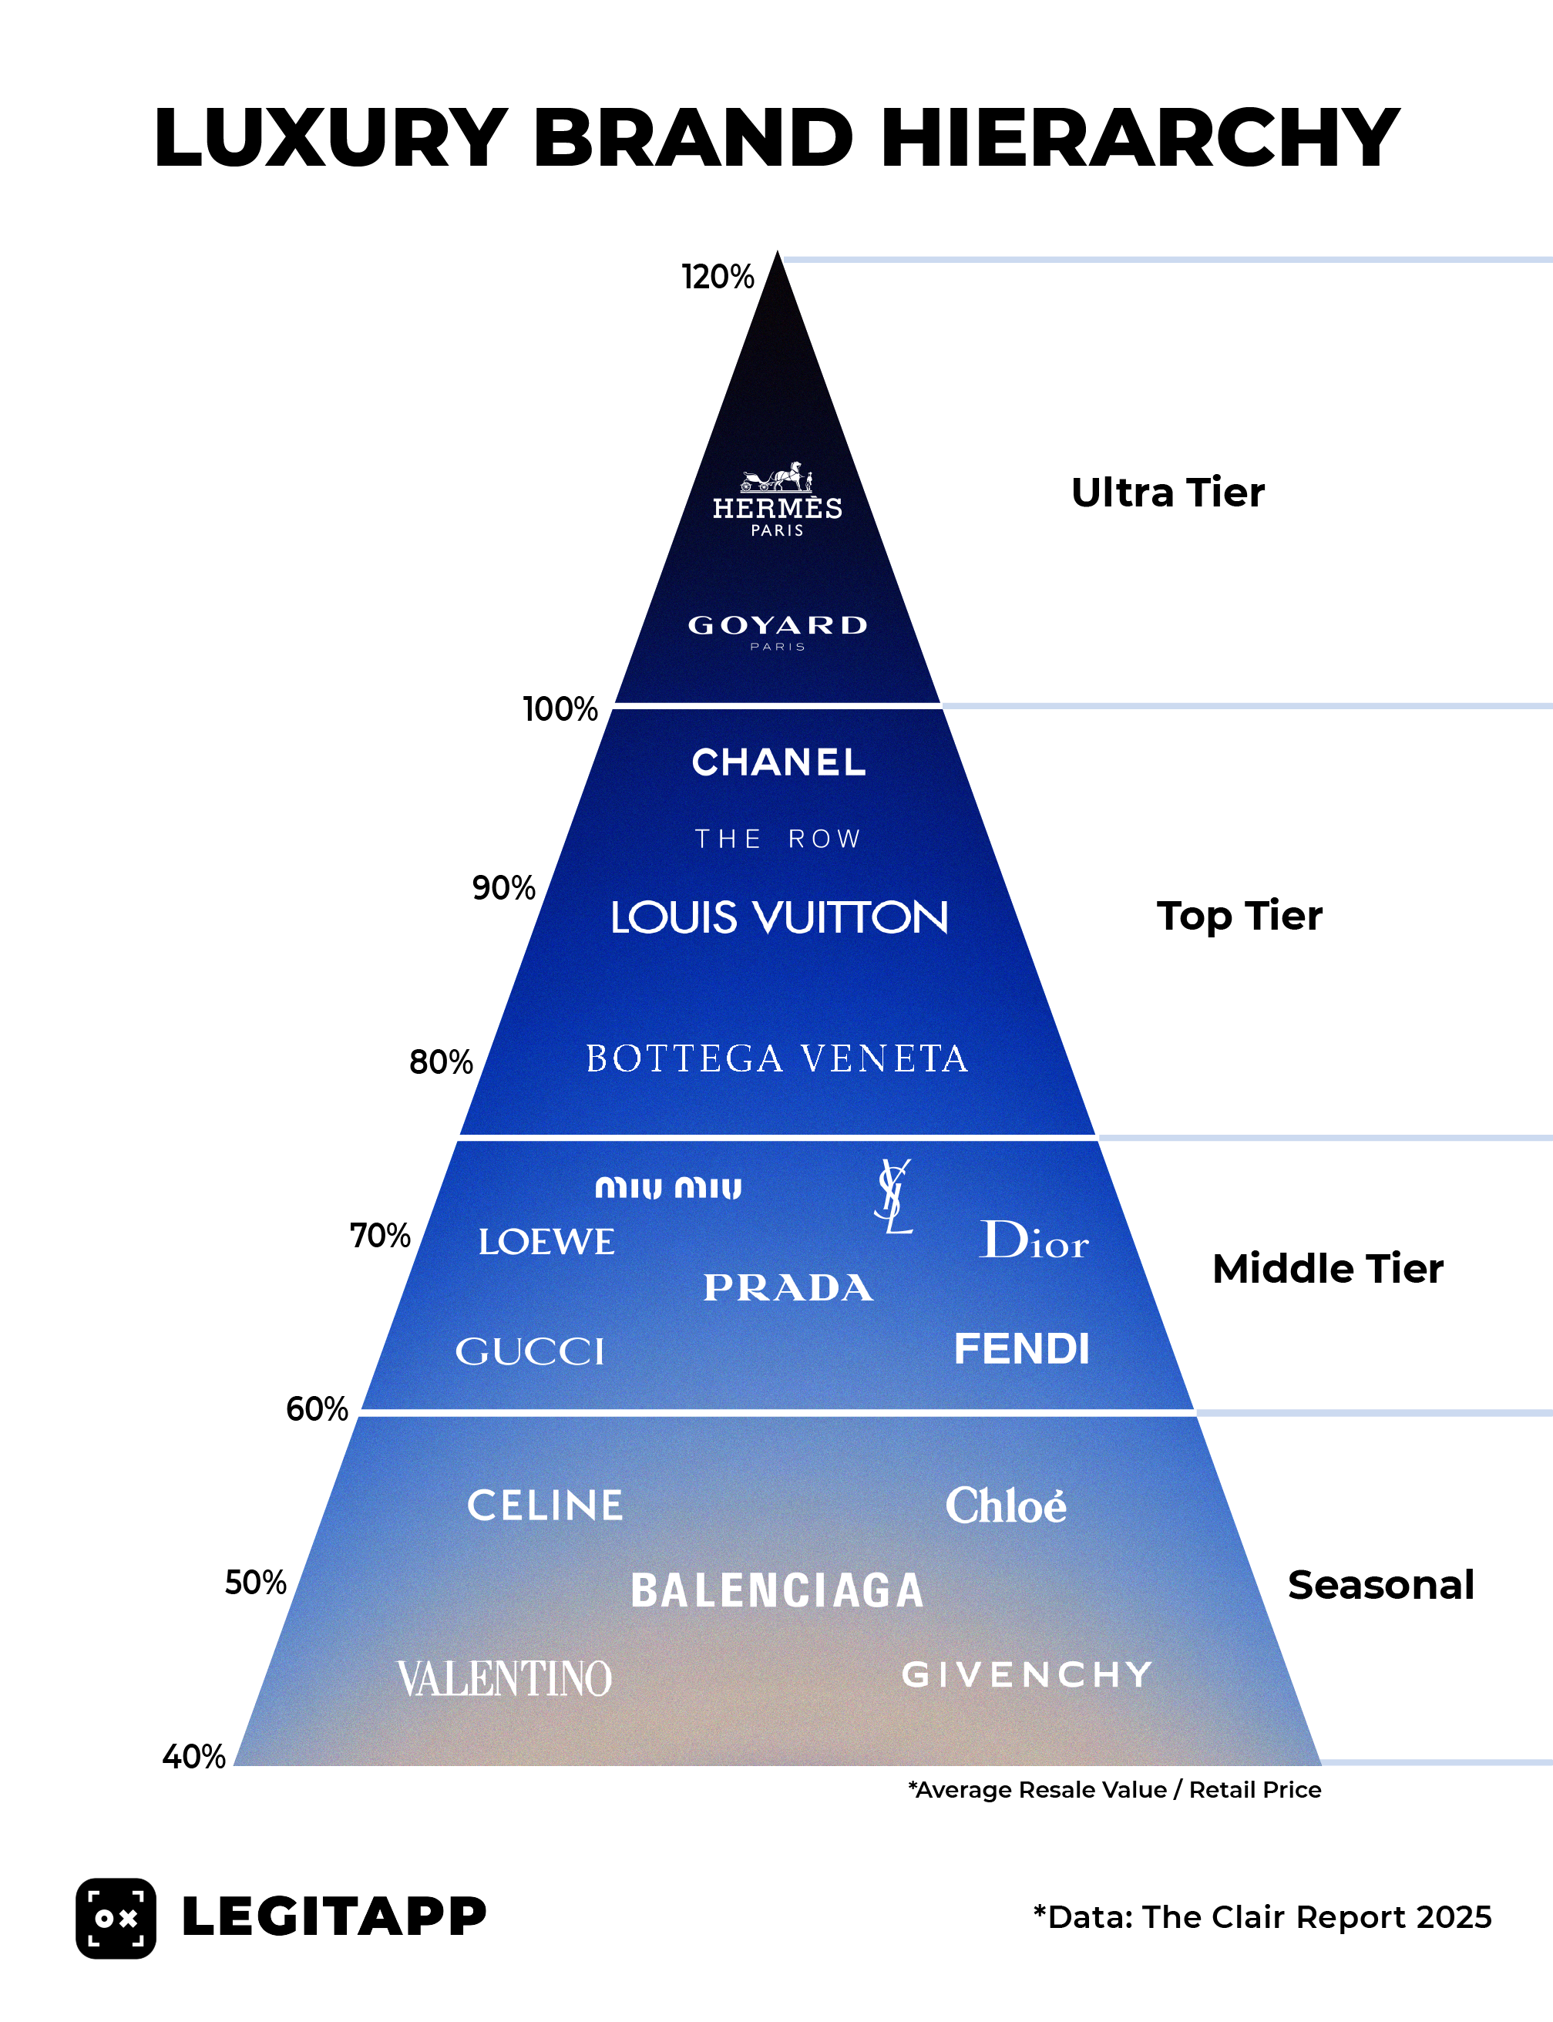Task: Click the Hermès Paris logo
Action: pyautogui.click(x=778, y=500)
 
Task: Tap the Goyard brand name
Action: pyautogui.click(x=778, y=626)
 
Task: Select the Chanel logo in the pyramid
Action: pyautogui.click(x=778, y=762)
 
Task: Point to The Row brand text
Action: pyautogui.click(x=778, y=839)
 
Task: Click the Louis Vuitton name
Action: pyautogui.click(x=779, y=917)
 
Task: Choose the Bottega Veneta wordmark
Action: pyautogui.click(x=778, y=1058)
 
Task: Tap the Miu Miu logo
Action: pyautogui.click(x=667, y=1187)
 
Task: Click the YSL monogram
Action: pyautogui.click(x=894, y=1196)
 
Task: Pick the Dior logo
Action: pyautogui.click(x=1034, y=1241)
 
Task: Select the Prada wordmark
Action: pyautogui.click(x=788, y=1288)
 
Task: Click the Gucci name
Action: pyautogui.click(x=529, y=1351)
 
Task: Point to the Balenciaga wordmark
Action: pyautogui.click(x=777, y=1591)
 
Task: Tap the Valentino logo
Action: pyautogui.click(x=505, y=1679)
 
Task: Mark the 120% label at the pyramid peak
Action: pyautogui.click(x=718, y=277)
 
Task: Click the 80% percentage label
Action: pyautogui.click(x=441, y=1062)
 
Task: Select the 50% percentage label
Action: pyautogui.click(x=255, y=1583)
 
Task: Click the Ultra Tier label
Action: pyautogui.click(x=1168, y=493)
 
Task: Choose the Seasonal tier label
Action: pyautogui.click(x=1380, y=1585)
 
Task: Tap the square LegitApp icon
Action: pyautogui.click(x=116, y=1919)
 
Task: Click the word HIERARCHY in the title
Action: pyautogui.click(x=1141, y=138)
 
